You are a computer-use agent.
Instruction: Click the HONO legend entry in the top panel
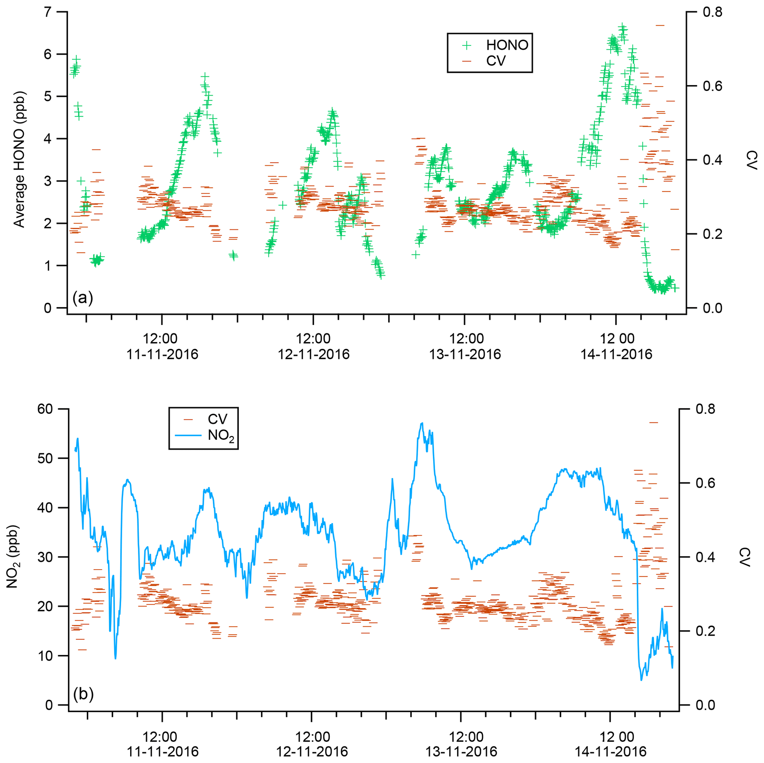(507, 45)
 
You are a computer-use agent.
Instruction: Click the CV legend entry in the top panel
(496, 61)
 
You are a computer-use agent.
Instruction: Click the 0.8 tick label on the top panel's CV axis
(712, 12)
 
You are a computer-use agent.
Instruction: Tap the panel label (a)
(83, 298)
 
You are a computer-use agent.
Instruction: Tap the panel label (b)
(83, 694)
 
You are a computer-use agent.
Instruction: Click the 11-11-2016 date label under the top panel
(162, 354)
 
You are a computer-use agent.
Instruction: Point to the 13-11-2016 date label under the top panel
(465, 354)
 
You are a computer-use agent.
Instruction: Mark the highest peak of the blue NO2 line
(422, 423)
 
